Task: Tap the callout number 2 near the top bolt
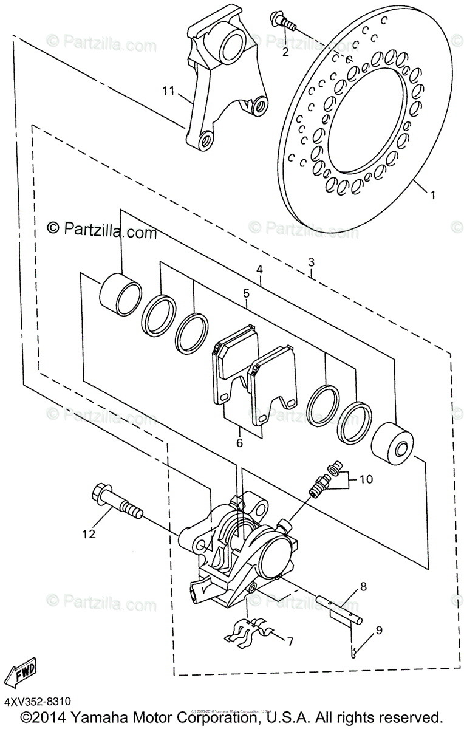coord(285,51)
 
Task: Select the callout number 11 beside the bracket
coord(168,91)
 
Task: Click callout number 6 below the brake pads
coord(239,443)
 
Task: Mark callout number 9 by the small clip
coord(378,631)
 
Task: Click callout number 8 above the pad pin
coord(363,587)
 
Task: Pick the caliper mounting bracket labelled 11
coord(216,79)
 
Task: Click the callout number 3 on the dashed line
coord(311,262)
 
